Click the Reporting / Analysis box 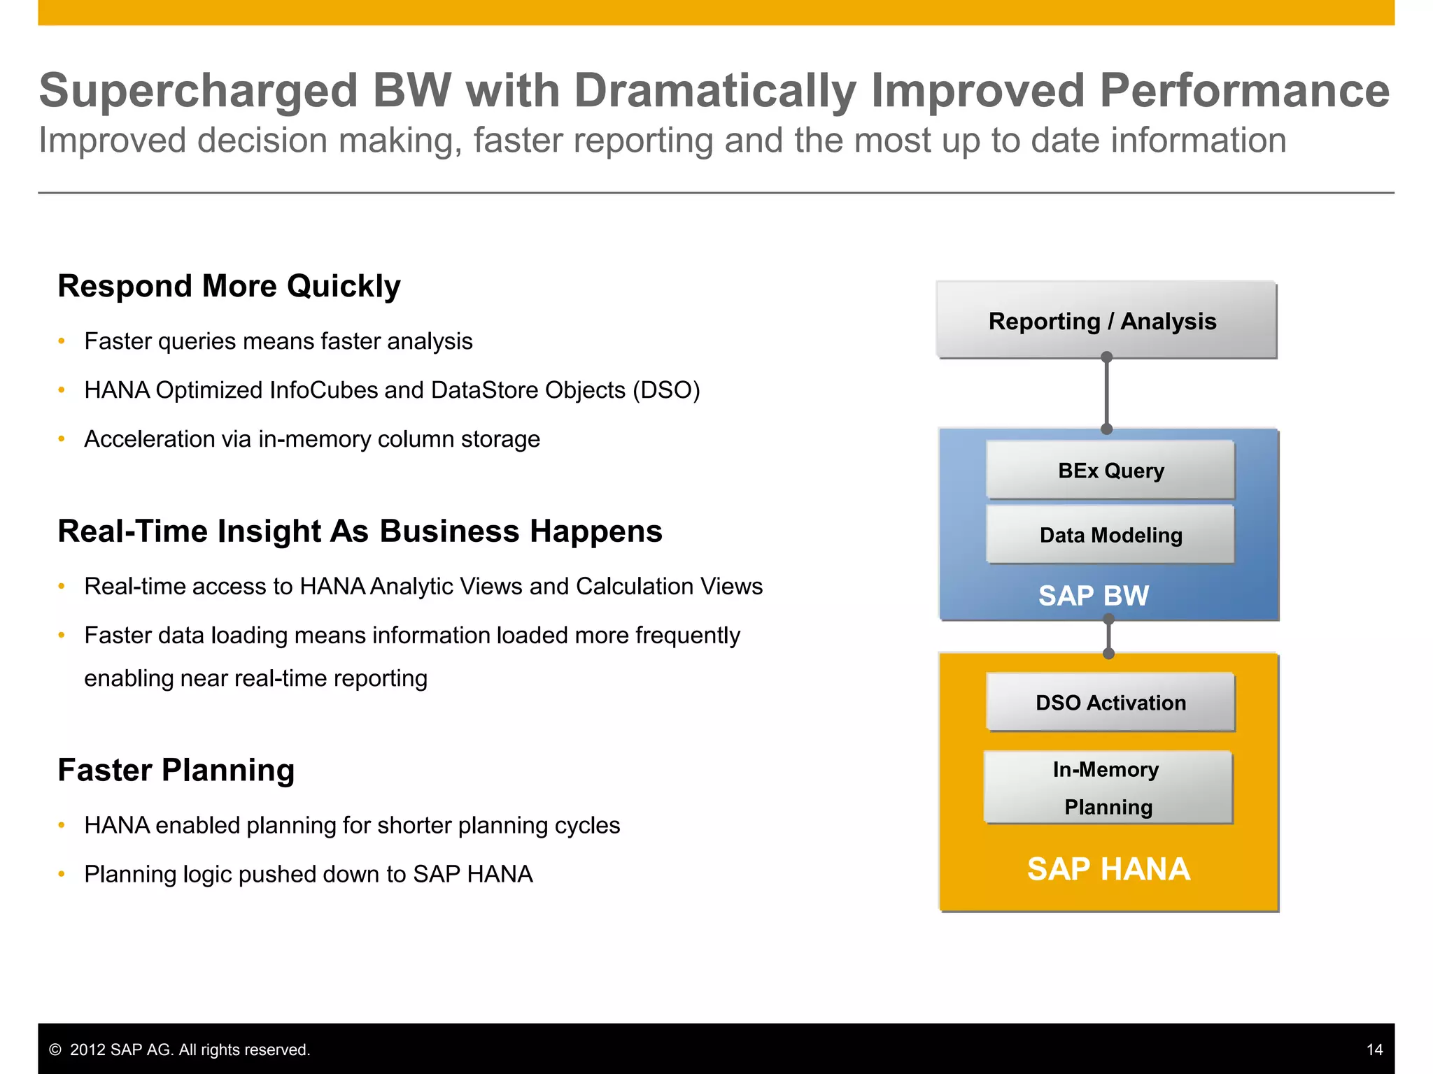[1106, 321]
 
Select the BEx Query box [1110, 470]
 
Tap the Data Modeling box [1110, 535]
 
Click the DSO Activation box [1110, 702]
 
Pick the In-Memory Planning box [1107, 787]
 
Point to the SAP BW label [1093, 596]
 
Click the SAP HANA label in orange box [1108, 869]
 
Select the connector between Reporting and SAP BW [1106, 393]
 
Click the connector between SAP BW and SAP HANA [1108, 636]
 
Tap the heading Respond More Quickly [229, 287]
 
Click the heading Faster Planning [176, 770]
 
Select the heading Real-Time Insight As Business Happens [360, 531]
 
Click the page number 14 [1374, 1050]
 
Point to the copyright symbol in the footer [55, 1050]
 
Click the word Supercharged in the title [198, 91]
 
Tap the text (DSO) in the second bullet [665, 390]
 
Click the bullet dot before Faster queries [62, 341]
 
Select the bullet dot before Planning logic [62, 874]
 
